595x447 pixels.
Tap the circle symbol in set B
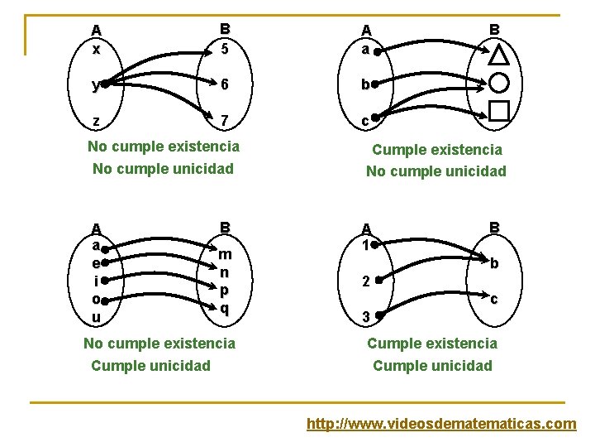coord(499,84)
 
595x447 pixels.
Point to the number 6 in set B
coord(224,84)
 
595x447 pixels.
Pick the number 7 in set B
coord(224,121)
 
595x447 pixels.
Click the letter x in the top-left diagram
coord(97,49)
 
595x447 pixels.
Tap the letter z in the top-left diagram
coord(97,121)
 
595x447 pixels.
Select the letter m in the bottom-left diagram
coord(225,254)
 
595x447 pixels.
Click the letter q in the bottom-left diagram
coord(224,309)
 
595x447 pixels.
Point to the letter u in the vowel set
coord(97,317)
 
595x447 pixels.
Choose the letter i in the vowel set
coord(96,281)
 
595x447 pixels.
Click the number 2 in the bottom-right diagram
coord(364,281)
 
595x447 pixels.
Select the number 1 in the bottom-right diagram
coord(364,245)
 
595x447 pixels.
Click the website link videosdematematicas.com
coord(441,424)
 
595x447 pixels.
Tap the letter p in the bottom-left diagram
coord(224,291)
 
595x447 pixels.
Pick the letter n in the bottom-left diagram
coord(224,272)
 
